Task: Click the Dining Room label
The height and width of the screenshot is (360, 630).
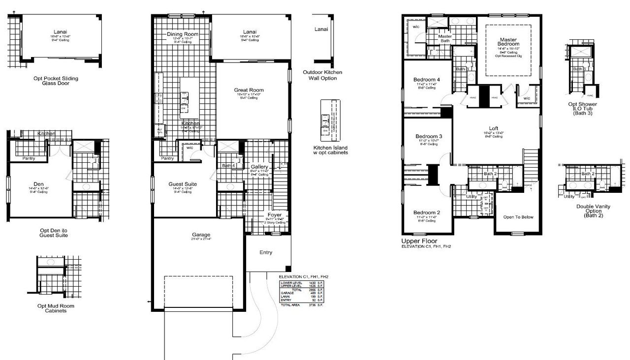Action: pos(182,34)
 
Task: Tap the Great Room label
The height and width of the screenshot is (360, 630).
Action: pos(249,90)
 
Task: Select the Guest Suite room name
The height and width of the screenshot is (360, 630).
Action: pos(183,184)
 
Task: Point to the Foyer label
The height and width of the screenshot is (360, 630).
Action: pos(274,215)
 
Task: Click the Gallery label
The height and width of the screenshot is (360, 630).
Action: pos(259,167)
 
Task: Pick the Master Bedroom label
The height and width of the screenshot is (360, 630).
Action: pos(508,42)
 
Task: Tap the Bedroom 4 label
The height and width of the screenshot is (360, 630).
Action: pos(427,80)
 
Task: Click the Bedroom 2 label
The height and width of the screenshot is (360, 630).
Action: pos(427,212)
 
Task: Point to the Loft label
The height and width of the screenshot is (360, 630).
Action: pos(493,128)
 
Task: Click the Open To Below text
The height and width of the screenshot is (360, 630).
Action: pos(518,217)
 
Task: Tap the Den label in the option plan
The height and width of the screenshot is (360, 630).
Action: pos(38,183)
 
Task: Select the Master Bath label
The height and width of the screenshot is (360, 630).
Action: pos(445,38)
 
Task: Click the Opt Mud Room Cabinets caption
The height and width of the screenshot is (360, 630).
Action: pos(56,308)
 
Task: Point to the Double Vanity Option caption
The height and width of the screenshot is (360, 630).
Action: pos(593,210)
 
